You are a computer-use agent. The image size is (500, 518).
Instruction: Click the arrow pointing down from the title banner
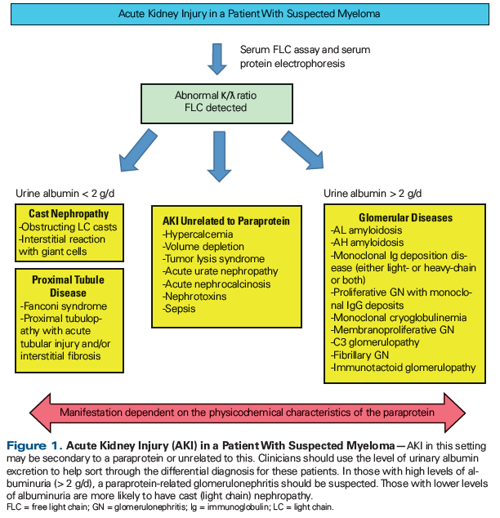[217, 59]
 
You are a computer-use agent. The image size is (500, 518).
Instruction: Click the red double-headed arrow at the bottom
[249, 408]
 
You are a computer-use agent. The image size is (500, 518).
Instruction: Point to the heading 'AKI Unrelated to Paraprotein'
[226, 221]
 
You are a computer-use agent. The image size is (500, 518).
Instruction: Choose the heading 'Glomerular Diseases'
[404, 218]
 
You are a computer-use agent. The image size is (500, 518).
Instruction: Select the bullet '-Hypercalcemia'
[199, 234]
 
